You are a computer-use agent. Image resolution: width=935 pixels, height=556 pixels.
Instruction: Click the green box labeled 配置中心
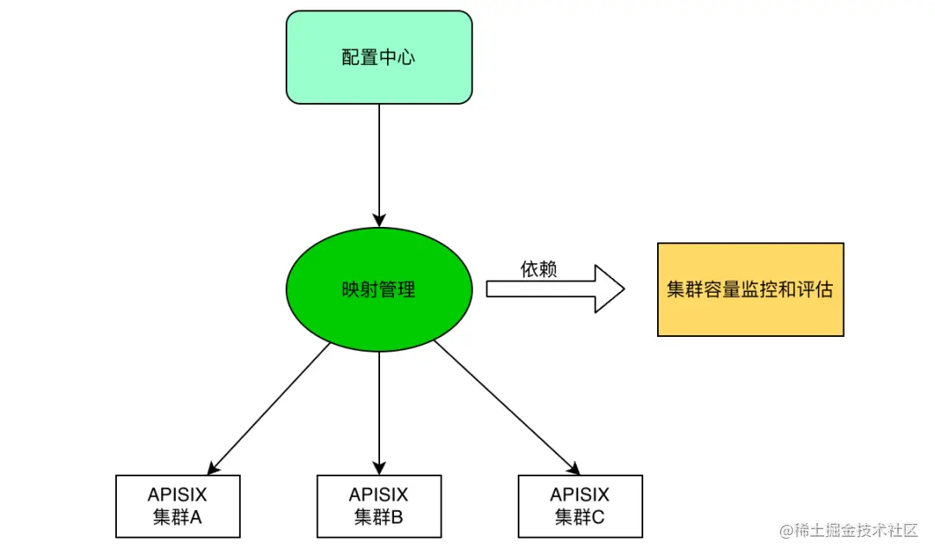click(x=379, y=57)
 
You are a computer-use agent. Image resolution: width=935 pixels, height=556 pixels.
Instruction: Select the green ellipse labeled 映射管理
click(x=379, y=289)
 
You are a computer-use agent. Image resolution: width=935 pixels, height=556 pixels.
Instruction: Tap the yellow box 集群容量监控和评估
click(x=750, y=289)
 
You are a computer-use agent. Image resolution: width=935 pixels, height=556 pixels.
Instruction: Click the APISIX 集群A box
click(x=177, y=506)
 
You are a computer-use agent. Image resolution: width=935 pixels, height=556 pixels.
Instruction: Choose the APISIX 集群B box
click(x=379, y=506)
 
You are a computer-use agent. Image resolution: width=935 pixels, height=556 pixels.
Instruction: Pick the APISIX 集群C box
click(x=580, y=506)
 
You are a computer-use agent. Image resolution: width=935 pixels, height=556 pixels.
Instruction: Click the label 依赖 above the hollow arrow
click(x=538, y=269)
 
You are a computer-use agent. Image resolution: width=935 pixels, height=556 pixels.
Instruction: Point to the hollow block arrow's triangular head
click(x=609, y=288)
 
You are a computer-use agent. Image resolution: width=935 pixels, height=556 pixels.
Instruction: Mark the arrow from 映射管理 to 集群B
click(x=379, y=407)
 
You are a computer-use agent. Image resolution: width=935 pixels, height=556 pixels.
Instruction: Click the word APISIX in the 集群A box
click(x=177, y=495)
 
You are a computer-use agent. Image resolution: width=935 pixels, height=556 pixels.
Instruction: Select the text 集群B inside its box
click(x=379, y=518)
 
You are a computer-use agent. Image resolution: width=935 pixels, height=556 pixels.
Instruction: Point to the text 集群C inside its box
click(x=580, y=518)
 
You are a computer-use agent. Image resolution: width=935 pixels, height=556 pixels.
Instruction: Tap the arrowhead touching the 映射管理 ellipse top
click(x=379, y=220)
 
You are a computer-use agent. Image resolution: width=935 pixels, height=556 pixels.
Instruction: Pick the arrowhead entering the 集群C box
click(x=572, y=469)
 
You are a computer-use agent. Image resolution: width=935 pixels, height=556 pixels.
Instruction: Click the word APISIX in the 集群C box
click(x=580, y=495)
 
